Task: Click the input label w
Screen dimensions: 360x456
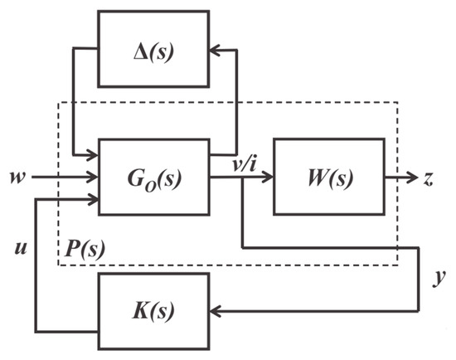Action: pos(16,177)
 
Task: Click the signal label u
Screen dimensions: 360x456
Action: pos(18,246)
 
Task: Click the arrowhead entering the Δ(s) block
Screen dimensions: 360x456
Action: pos(215,50)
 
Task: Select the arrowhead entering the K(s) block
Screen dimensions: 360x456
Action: pos(215,313)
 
